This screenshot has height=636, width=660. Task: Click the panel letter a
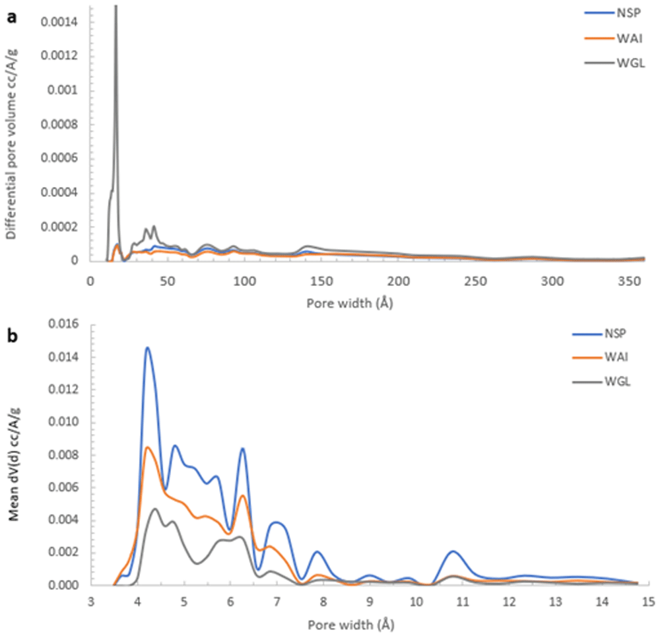(11, 19)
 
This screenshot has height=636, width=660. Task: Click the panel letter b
(12, 337)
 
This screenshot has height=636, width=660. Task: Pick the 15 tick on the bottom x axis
(647, 602)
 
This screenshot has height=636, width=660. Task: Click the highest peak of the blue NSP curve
(147, 347)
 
